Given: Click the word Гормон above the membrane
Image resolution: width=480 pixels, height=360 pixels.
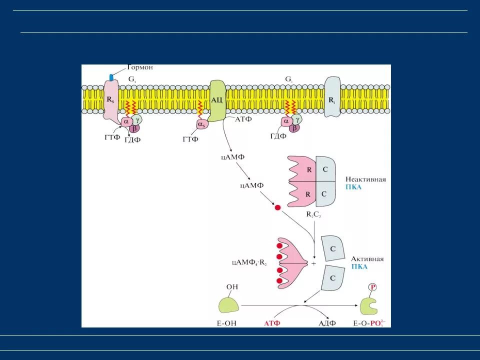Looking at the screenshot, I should pos(139,67).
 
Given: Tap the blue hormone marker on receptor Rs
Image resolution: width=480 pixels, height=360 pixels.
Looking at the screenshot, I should pos(111,77).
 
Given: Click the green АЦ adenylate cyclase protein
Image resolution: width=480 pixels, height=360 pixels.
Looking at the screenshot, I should pos(217,100).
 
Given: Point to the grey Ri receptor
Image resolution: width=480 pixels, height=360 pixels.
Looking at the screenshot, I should pos(332,97).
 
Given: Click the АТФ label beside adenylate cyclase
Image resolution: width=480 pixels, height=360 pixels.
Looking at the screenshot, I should pos(242,119).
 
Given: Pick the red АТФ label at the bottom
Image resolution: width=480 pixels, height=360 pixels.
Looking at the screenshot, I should pos(272,323).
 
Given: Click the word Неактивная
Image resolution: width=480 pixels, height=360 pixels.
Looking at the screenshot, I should pos(365,179).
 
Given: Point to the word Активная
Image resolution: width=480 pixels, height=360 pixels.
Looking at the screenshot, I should pos(367,259).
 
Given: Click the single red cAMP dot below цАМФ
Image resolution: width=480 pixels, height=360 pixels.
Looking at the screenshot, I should pos(277,207).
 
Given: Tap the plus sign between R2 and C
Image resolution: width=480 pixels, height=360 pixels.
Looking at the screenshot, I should pos(313,263).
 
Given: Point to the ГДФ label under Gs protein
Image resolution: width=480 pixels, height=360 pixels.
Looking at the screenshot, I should pos(132,139).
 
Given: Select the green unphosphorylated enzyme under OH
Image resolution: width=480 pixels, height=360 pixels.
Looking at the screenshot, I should pos(228,304).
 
